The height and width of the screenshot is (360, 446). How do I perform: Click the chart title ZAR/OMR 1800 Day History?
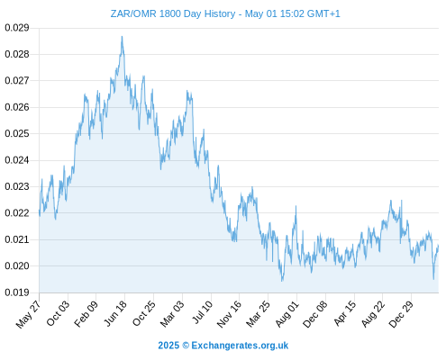[173, 13]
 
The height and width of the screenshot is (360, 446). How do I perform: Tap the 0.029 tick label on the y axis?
[17, 28]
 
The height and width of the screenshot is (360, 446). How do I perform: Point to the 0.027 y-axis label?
[17, 81]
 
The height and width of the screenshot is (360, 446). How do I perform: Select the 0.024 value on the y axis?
[17, 160]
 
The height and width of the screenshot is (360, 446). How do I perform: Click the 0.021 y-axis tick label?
[17, 239]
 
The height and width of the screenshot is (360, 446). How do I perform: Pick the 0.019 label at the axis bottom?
[17, 292]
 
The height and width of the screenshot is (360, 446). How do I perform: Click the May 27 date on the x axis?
[28, 314]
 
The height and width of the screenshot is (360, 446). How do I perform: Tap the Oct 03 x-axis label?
[58, 313]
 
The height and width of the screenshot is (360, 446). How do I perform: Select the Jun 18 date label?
[115, 313]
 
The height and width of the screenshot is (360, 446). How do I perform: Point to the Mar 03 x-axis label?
[172, 314]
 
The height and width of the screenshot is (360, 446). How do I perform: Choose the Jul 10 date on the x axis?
[202, 312]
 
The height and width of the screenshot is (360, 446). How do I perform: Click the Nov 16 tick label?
[229, 314]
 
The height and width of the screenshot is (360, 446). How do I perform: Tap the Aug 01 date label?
[287, 314]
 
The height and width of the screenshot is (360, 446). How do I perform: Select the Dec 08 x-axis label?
[315, 314]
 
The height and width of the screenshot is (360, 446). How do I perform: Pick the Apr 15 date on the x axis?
[345, 313]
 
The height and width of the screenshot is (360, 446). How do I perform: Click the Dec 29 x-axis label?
[401, 314]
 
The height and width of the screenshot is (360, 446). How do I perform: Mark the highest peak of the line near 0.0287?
[122, 36]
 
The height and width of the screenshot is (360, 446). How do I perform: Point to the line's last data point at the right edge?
[439, 246]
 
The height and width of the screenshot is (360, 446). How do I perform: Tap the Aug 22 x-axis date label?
[373, 314]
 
